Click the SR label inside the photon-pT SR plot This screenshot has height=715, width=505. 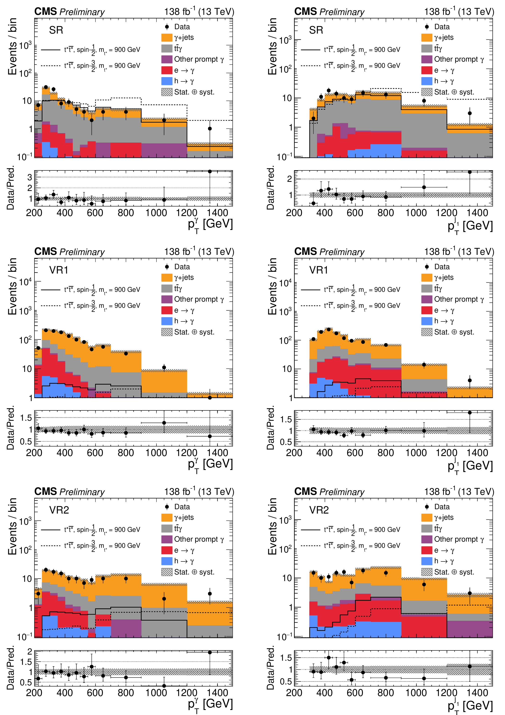click(56, 30)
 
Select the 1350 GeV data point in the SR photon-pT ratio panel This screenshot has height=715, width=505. click(210, 172)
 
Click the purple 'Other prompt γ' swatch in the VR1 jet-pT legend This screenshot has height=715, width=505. click(427, 299)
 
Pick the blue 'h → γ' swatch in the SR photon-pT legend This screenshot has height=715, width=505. click(167, 81)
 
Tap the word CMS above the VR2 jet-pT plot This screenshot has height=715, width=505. click(305, 491)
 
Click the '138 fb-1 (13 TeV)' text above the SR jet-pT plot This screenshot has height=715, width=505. click(459, 12)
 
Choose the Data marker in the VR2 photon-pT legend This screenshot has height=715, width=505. click(167, 507)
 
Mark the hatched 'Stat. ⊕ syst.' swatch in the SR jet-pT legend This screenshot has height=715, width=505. click(427, 92)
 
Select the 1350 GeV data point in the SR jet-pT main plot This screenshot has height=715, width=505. click(469, 113)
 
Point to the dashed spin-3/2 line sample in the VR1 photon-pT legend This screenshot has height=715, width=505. click(50, 306)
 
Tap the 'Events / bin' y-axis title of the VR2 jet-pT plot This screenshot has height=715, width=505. click(272, 526)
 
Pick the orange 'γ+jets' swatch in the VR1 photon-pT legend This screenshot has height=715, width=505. click(167, 277)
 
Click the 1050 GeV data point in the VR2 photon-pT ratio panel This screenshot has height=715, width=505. click(164, 686)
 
